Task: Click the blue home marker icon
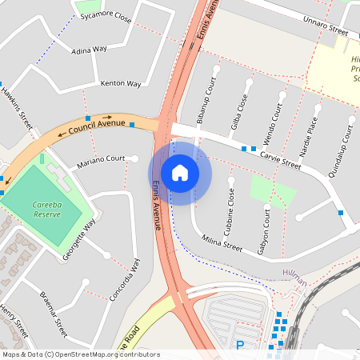tap(179, 172)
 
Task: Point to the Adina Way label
tap(89, 50)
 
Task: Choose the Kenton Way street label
tap(121, 83)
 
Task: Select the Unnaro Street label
tap(320, 28)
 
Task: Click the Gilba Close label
tap(239, 110)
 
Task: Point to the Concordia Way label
tap(123, 279)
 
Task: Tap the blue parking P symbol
tap(239, 346)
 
